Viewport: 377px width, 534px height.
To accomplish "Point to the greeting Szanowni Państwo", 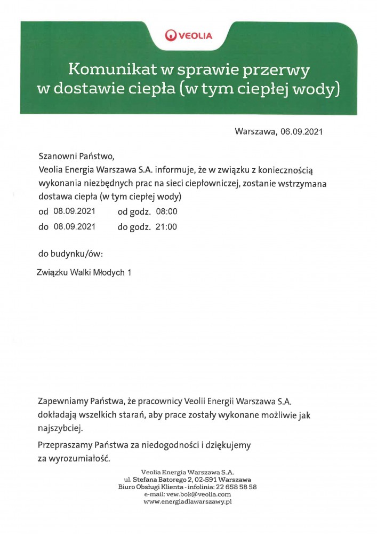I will click(x=76, y=157).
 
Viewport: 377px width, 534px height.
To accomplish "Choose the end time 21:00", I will click(x=166, y=226).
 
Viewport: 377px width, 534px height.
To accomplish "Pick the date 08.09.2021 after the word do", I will click(x=74, y=226).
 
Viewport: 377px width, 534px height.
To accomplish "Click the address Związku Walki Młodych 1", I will click(x=84, y=272).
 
